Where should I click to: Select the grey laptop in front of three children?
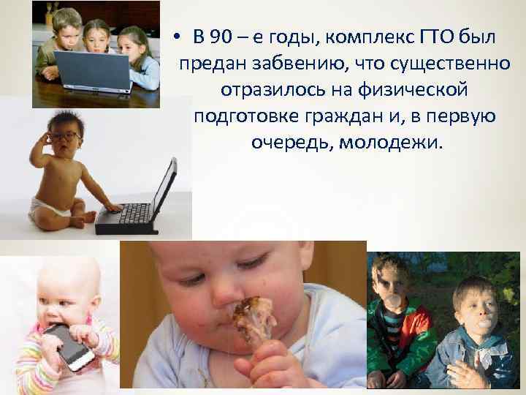point(91,69)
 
